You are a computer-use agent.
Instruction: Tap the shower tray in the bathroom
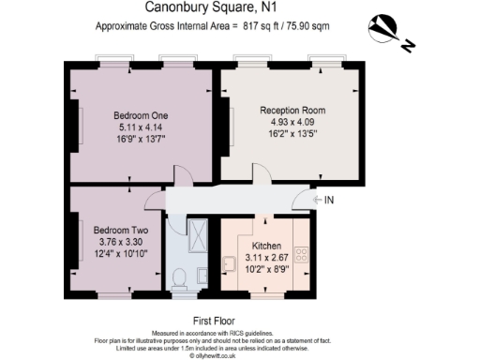(198, 233)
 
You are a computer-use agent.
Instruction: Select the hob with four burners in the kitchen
(303, 252)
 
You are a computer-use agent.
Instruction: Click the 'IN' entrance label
(329, 200)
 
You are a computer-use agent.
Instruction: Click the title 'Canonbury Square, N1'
(240, 8)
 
